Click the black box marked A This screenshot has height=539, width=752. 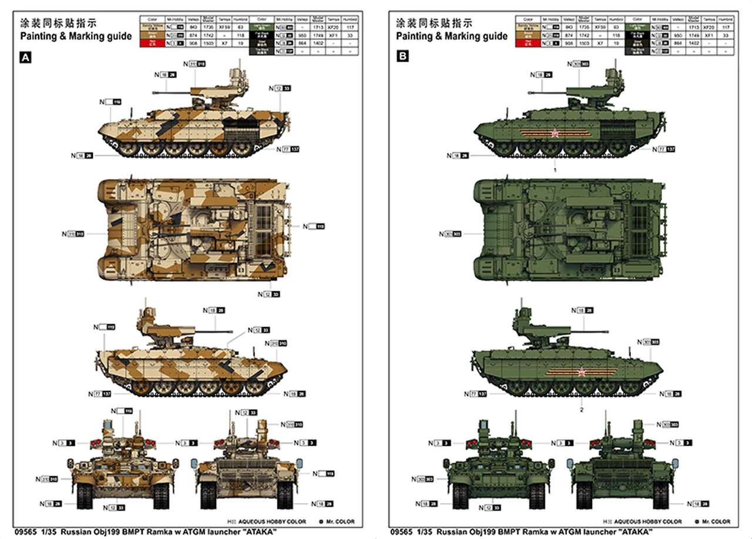(25, 57)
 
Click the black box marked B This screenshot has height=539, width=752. (402, 56)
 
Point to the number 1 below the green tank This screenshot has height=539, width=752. (555, 169)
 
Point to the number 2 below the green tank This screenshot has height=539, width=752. (582, 410)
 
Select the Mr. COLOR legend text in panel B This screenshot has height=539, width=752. (717, 521)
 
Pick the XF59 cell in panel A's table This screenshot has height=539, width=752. (224, 27)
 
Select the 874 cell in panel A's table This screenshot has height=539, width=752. (191, 35)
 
